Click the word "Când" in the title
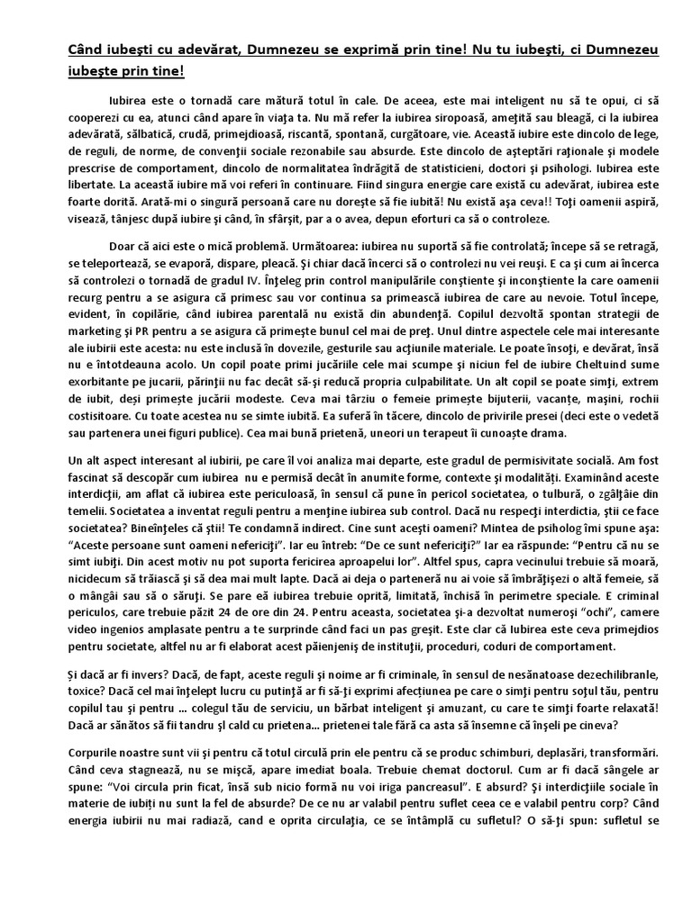pyautogui.click(x=87, y=50)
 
